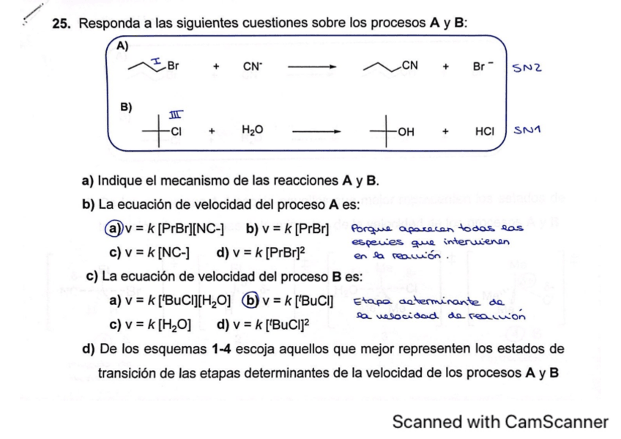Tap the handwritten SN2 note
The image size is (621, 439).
coord(528,67)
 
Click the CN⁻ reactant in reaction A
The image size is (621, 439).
coord(253,66)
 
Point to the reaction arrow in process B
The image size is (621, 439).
coord(316,131)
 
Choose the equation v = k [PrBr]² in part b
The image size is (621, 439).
coord(261,252)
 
